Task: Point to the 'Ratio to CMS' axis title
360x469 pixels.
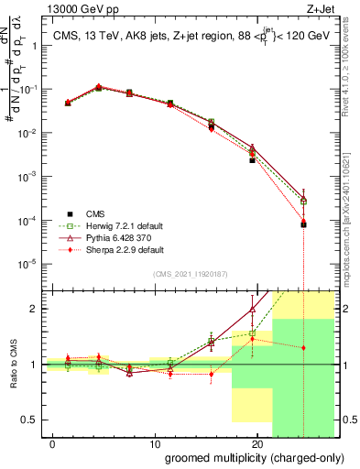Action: [13, 365]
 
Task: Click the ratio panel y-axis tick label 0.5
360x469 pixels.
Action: [29, 420]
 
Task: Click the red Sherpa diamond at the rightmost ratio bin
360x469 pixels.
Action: [303, 348]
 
